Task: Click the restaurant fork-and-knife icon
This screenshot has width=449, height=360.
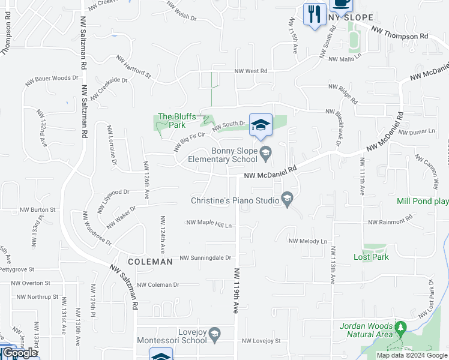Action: [x=315, y=14]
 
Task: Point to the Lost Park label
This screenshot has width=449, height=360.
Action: [x=371, y=257]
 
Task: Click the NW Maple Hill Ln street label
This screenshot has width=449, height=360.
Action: [x=209, y=224]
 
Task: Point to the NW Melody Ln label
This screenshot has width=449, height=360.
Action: [x=308, y=241]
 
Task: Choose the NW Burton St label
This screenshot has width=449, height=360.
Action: [x=37, y=210]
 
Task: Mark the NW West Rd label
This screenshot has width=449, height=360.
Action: [x=251, y=71]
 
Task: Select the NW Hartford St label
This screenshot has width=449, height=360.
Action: [x=133, y=67]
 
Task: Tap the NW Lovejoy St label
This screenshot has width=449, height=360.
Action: [x=261, y=341]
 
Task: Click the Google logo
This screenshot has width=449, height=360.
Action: [x=20, y=353]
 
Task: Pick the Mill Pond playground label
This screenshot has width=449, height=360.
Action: [x=423, y=202]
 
